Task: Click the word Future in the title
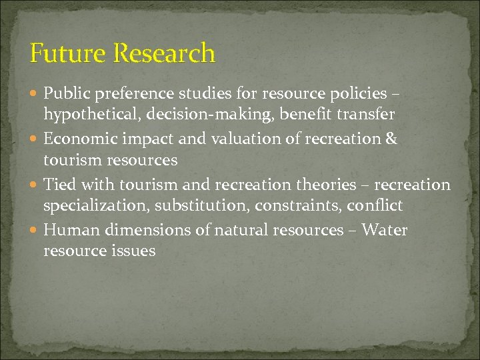(x=62, y=53)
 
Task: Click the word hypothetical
(x=83, y=115)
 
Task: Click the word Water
(x=385, y=230)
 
